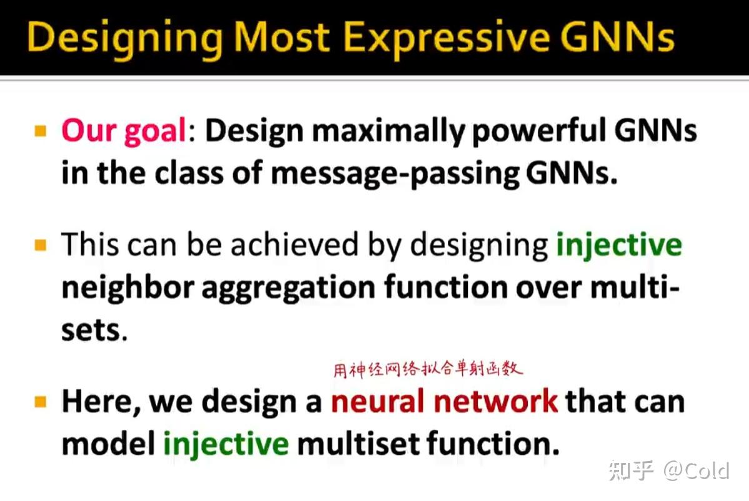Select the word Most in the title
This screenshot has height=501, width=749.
[x=282, y=37]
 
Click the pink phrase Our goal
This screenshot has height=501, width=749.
[x=123, y=130]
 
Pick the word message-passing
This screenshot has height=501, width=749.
[x=395, y=173]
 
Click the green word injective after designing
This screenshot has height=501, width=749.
[x=619, y=245]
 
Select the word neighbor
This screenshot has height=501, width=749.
[x=127, y=287]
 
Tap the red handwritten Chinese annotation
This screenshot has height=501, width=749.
[x=427, y=369]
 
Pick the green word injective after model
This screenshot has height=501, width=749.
[x=226, y=444]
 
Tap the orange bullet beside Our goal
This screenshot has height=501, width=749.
[x=41, y=130]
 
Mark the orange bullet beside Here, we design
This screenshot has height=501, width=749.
[x=41, y=401]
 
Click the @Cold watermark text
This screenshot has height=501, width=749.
[x=697, y=471]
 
